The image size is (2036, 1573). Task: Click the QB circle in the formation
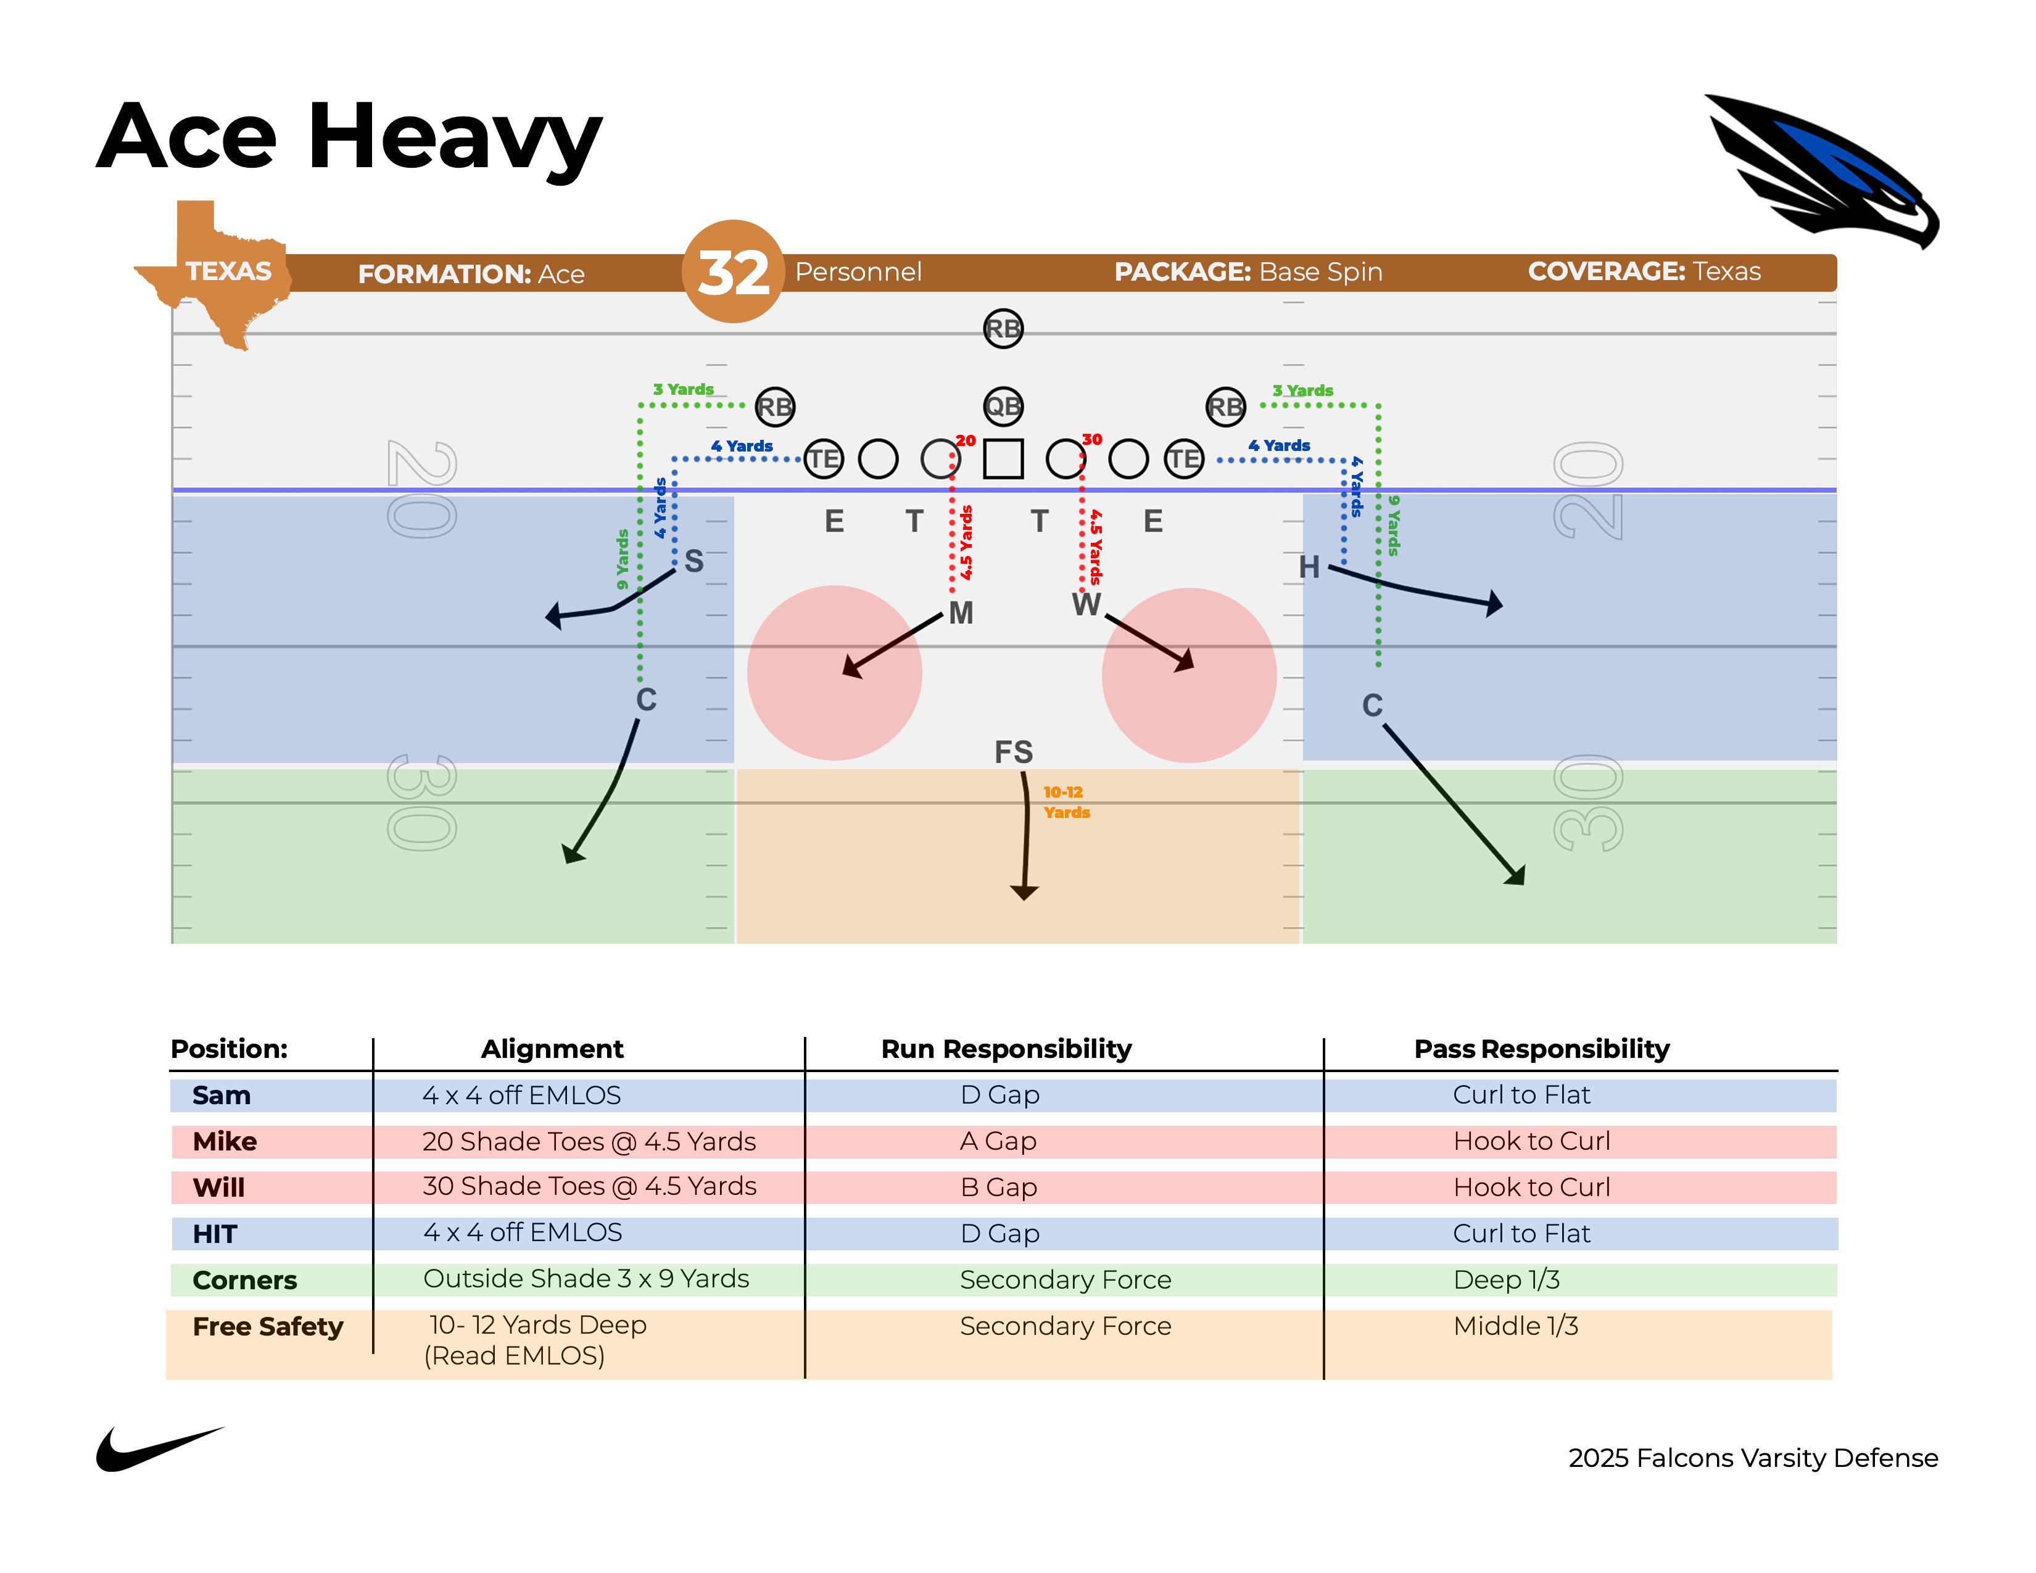(x=1003, y=407)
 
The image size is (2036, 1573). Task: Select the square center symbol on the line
(x=1003, y=458)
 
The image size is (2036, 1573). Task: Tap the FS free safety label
(x=1013, y=752)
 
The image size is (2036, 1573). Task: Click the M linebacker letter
(x=961, y=613)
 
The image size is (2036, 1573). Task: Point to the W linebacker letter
(x=1086, y=605)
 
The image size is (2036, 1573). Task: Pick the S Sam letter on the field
(x=693, y=561)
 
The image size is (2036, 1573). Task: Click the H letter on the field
(x=1309, y=566)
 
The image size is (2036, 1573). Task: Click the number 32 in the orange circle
(x=734, y=273)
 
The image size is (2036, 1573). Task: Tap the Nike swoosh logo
(x=159, y=1449)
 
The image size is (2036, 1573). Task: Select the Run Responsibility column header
(x=1006, y=1049)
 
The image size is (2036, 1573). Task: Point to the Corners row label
(x=244, y=1281)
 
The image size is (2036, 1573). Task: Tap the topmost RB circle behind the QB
(x=1003, y=329)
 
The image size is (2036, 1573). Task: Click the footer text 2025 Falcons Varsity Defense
(x=1753, y=1458)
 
